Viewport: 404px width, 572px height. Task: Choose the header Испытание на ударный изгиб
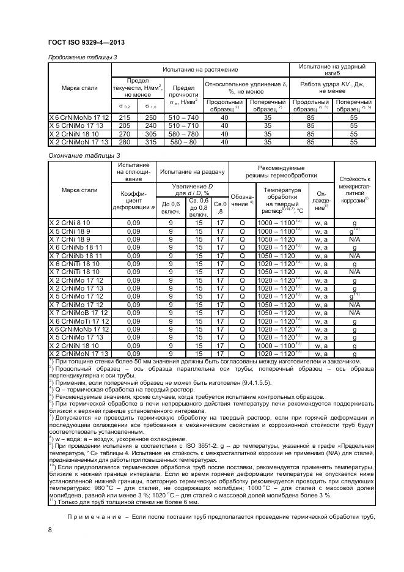pos(332,69)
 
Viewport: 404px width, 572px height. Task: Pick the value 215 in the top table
pos(125,117)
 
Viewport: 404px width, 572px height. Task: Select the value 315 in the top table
pos(149,141)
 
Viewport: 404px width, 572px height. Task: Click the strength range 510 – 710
pos(184,125)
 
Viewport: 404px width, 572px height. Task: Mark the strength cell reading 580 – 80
pos(184,141)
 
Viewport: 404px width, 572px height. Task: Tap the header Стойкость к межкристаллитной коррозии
pos(354,189)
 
